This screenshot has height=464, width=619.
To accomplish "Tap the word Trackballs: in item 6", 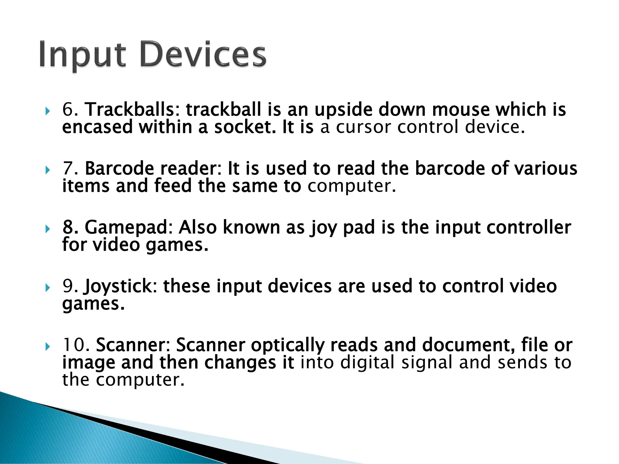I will point(133,109).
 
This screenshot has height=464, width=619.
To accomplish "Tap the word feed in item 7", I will point(173,186).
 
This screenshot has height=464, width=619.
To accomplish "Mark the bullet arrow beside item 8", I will point(47,230).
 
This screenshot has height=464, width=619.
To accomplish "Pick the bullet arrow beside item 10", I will point(47,347).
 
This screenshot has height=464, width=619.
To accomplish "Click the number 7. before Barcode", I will point(70,168).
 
